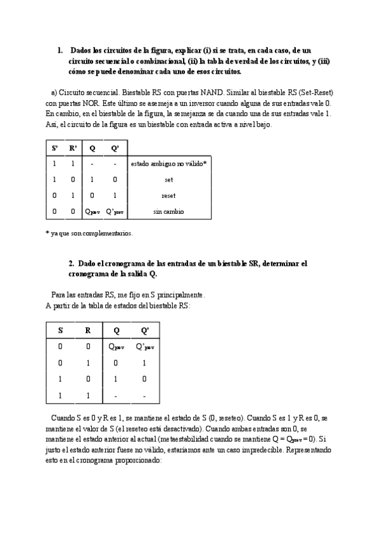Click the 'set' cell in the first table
click(168, 180)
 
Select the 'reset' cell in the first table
click(168, 195)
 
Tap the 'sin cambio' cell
click(168, 211)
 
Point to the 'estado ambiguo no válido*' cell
click(168, 164)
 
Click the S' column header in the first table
click(54, 148)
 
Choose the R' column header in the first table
click(73, 148)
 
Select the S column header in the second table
click(60, 331)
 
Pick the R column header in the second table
click(88, 331)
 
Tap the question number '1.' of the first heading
click(60, 49)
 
